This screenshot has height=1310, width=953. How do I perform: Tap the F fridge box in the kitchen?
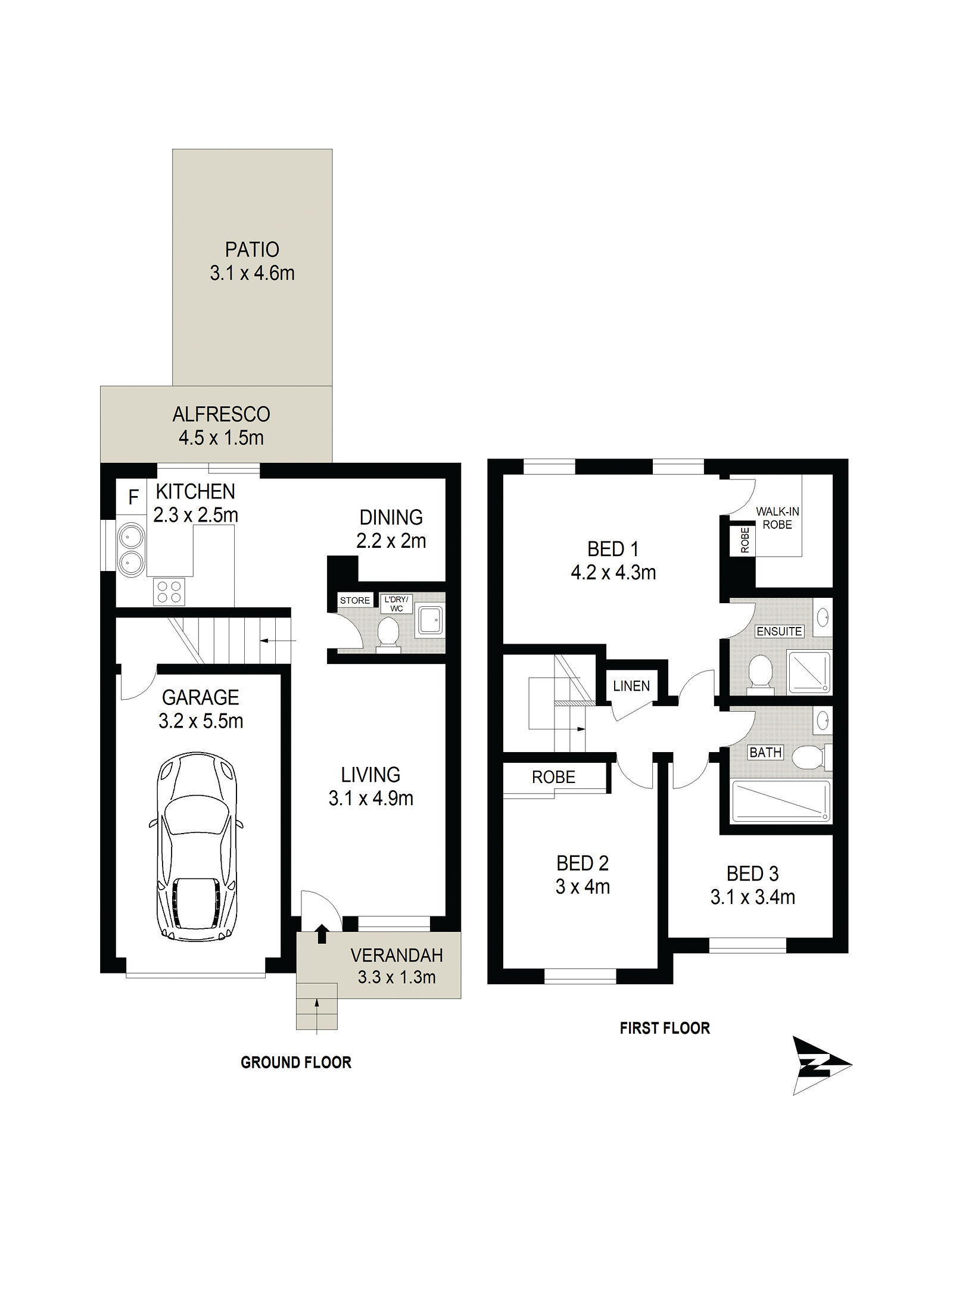(x=133, y=496)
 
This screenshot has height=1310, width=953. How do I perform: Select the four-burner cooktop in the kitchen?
(x=169, y=591)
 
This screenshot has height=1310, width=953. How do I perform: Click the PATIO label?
(x=252, y=249)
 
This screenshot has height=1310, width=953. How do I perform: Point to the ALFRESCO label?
(x=222, y=414)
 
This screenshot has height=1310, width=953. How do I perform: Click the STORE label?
(x=354, y=600)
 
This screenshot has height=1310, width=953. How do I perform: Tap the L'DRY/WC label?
(x=396, y=604)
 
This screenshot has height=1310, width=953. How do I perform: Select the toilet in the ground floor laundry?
(x=388, y=634)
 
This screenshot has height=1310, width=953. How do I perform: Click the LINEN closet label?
(x=631, y=686)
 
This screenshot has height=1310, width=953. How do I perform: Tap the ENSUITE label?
(x=779, y=631)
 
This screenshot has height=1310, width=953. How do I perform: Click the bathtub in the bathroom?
(x=780, y=801)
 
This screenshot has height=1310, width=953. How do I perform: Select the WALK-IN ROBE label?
(x=777, y=517)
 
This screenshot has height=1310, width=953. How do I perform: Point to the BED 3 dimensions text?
(x=752, y=897)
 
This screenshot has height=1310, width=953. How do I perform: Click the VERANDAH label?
(x=397, y=955)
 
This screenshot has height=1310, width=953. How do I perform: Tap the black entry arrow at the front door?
(x=322, y=933)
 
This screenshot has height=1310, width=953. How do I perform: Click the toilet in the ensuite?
(x=760, y=674)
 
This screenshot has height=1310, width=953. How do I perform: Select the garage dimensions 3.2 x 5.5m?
(x=201, y=721)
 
